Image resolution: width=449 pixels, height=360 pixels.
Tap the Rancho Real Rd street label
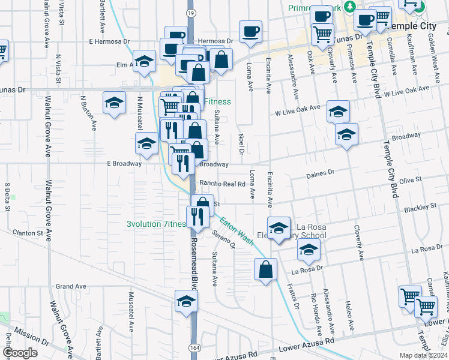[222, 184]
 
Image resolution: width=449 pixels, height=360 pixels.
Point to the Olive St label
[411, 179]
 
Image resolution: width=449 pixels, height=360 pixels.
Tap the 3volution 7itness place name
[157, 224]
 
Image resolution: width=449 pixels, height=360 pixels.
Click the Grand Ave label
[68, 286]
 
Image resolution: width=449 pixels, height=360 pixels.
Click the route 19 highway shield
[190, 12]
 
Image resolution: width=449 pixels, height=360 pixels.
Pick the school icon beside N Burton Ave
[114, 102]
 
